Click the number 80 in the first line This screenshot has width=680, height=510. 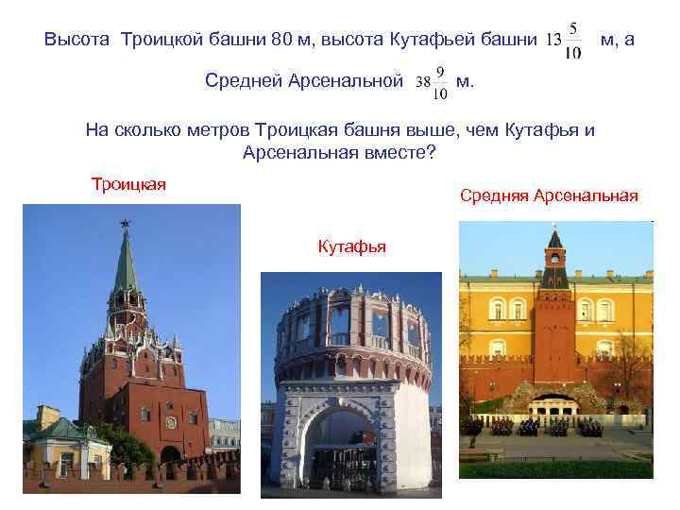[x=282, y=41]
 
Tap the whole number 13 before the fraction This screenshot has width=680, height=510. [x=553, y=41]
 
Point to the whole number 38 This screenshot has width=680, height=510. [x=423, y=82]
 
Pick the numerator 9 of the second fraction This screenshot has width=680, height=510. [x=440, y=71]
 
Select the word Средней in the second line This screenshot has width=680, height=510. [x=243, y=82]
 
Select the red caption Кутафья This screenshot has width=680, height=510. [x=351, y=247]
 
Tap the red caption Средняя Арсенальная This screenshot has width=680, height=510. [x=549, y=195]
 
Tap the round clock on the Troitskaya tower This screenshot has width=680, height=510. [x=171, y=419]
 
